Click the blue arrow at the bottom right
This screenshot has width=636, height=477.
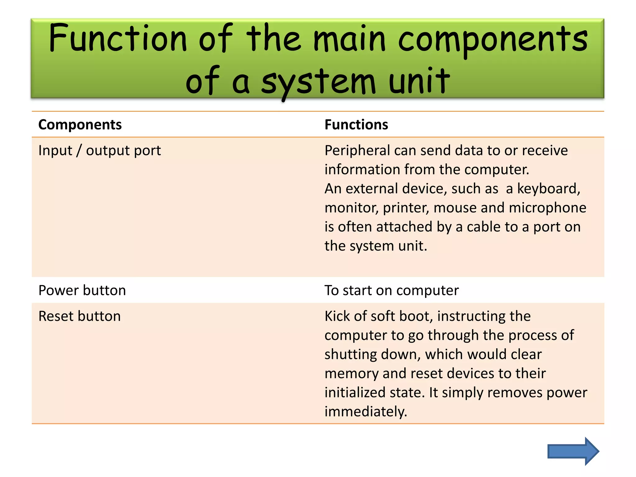point(573,451)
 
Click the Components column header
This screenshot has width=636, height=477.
point(80,125)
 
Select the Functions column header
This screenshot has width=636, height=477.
point(356,125)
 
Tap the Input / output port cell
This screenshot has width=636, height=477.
point(99,151)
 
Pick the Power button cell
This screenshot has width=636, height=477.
point(82,290)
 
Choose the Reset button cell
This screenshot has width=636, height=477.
point(79,316)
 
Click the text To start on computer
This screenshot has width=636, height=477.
point(391,290)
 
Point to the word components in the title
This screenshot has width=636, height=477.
point(493,40)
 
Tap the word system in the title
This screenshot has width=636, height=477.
point(318,82)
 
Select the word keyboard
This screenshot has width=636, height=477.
point(548,189)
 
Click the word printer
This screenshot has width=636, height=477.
point(406,208)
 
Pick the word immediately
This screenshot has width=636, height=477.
point(366,412)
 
